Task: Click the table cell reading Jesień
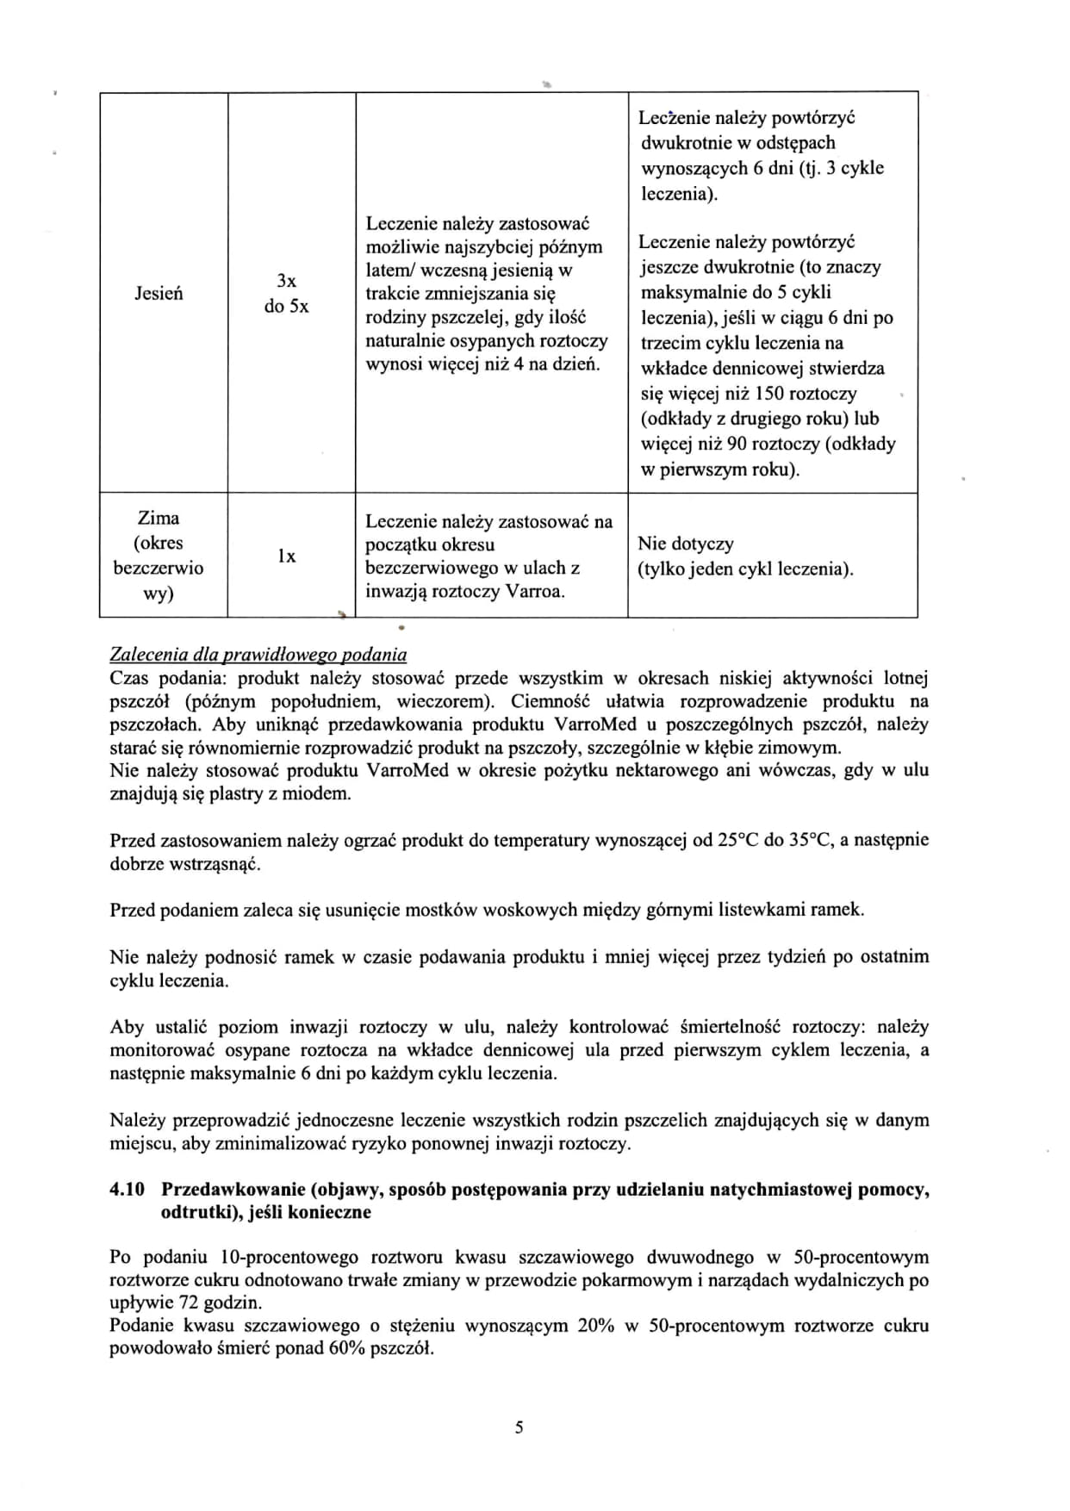click(159, 294)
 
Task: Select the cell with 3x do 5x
click(286, 294)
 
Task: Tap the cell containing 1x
click(286, 557)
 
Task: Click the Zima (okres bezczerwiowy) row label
click(159, 556)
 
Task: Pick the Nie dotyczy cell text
click(685, 544)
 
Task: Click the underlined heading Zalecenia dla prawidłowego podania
click(258, 655)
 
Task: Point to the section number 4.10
click(126, 1190)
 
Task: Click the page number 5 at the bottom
click(519, 1427)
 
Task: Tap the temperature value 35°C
click(809, 840)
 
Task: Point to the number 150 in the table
click(768, 394)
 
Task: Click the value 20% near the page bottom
click(595, 1326)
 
